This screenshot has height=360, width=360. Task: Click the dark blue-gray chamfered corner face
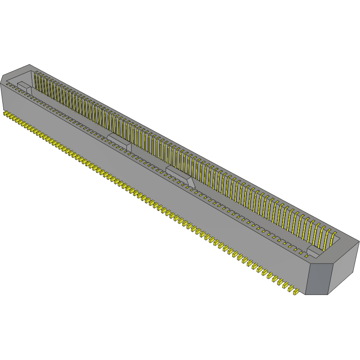tap(318, 279)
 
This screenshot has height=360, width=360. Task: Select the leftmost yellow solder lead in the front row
tap(6, 113)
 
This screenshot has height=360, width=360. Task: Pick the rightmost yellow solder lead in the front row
tap(294, 291)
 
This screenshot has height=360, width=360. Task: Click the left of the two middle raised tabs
tap(120, 140)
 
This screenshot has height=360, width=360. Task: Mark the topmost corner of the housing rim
tap(30, 65)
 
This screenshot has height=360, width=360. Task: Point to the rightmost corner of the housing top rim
tap(359, 241)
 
